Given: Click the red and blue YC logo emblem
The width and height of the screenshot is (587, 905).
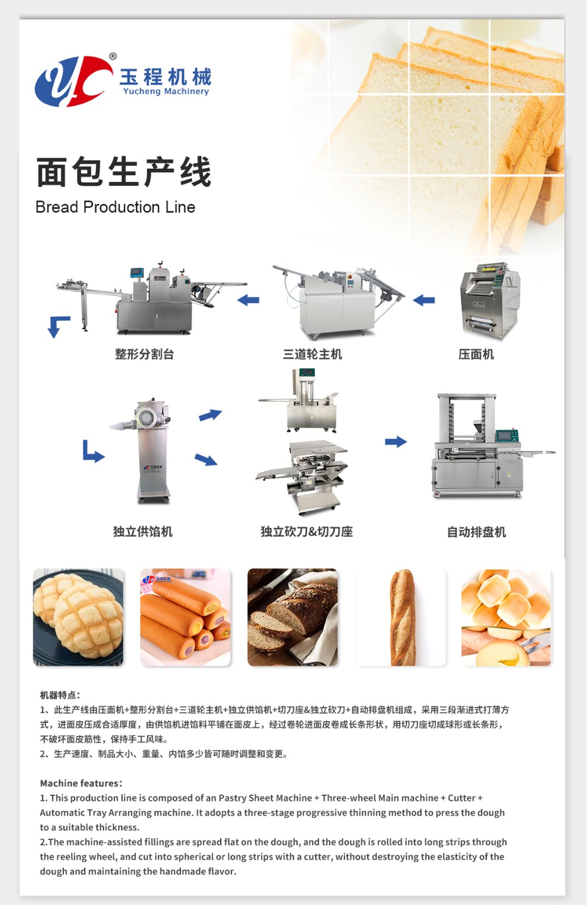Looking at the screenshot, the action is (74, 81).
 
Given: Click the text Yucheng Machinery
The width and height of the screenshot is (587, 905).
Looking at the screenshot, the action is (166, 91).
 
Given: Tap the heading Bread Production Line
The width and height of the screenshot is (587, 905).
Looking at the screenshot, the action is (115, 207).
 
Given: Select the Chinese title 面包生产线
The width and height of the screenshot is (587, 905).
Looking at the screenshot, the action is (124, 172).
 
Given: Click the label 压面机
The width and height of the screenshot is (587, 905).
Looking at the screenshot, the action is (476, 354).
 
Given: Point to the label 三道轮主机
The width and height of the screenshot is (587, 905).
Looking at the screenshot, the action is (313, 354).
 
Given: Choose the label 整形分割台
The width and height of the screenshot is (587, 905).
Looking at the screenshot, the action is (145, 354).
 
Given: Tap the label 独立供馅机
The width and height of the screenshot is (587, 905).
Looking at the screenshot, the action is (143, 532).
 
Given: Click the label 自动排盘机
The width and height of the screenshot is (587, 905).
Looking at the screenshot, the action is (476, 532).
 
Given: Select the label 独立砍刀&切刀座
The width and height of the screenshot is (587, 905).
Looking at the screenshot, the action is (307, 532).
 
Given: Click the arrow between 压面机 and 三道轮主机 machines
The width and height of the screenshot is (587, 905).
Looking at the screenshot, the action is (424, 300).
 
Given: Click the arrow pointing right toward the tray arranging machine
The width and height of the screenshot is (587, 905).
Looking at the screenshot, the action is (396, 442).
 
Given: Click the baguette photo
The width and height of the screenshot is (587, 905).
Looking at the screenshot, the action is (401, 617).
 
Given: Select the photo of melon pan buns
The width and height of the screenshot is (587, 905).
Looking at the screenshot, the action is (79, 617).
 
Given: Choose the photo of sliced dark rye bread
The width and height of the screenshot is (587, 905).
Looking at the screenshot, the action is (292, 617).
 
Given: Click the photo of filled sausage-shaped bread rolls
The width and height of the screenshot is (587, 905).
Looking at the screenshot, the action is (185, 617).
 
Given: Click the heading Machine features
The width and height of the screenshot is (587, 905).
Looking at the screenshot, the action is (81, 783).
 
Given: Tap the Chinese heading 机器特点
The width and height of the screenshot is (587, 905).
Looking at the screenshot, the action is (60, 695).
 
